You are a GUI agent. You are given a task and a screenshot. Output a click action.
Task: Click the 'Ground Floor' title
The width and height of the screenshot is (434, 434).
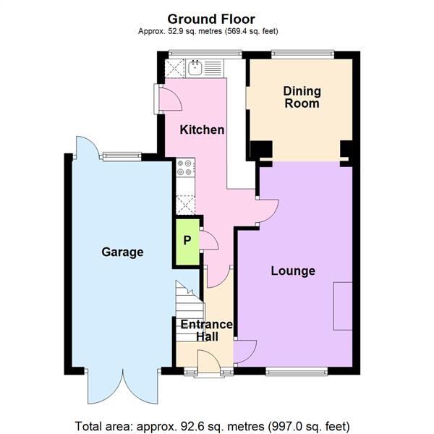(x=210, y=18)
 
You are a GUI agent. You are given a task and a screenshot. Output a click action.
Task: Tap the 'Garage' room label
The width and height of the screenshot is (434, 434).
(x=122, y=252)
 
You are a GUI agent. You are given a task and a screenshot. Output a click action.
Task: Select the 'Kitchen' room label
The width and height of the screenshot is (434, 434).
(x=202, y=130)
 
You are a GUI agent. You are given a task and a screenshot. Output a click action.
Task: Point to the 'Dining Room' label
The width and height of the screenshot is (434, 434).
(x=302, y=97)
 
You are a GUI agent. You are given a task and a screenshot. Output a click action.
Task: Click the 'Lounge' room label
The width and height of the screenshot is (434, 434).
(x=293, y=271)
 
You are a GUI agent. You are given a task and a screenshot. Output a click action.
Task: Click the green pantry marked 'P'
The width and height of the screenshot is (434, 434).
(x=187, y=240)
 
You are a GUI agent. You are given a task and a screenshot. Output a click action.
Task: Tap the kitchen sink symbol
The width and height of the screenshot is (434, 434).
(x=195, y=69)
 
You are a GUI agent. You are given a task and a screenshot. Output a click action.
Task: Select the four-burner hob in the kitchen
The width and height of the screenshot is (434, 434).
(x=185, y=168)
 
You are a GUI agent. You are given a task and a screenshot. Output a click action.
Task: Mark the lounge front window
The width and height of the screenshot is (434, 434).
(x=297, y=372)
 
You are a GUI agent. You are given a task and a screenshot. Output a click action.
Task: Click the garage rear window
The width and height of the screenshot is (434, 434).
(x=122, y=155)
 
